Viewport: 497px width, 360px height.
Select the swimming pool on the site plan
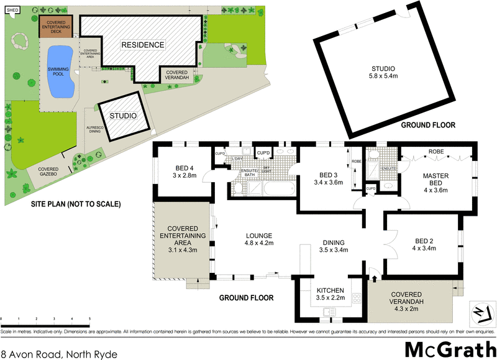60,72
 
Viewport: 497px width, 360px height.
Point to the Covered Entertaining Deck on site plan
56,27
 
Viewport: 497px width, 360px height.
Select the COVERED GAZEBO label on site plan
48,172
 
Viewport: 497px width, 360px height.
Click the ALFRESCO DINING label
94,129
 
